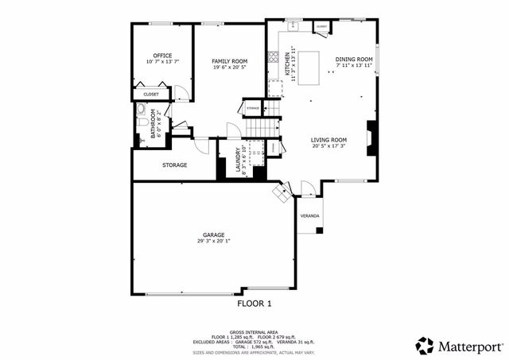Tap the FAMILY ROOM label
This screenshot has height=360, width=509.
click(x=230, y=61)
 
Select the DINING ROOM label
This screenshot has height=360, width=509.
click(x=353, y=59)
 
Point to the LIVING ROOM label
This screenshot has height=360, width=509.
click(x=328, y=140)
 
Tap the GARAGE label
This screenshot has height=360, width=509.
click(x=213, y=234)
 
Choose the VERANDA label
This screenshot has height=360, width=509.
click(x=309, y=216)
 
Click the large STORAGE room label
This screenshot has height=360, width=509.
click(x=174, y=165)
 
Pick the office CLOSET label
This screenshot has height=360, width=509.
click(x=150, y=95)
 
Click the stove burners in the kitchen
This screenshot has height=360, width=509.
click(x=273, y=57)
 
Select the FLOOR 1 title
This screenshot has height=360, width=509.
click(x=254, y=304)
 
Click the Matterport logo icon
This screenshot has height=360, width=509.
click(x=425, y=346)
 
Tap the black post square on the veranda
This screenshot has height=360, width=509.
click(x=319, y=230)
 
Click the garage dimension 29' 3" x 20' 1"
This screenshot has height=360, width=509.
click(x=213, y=241)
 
